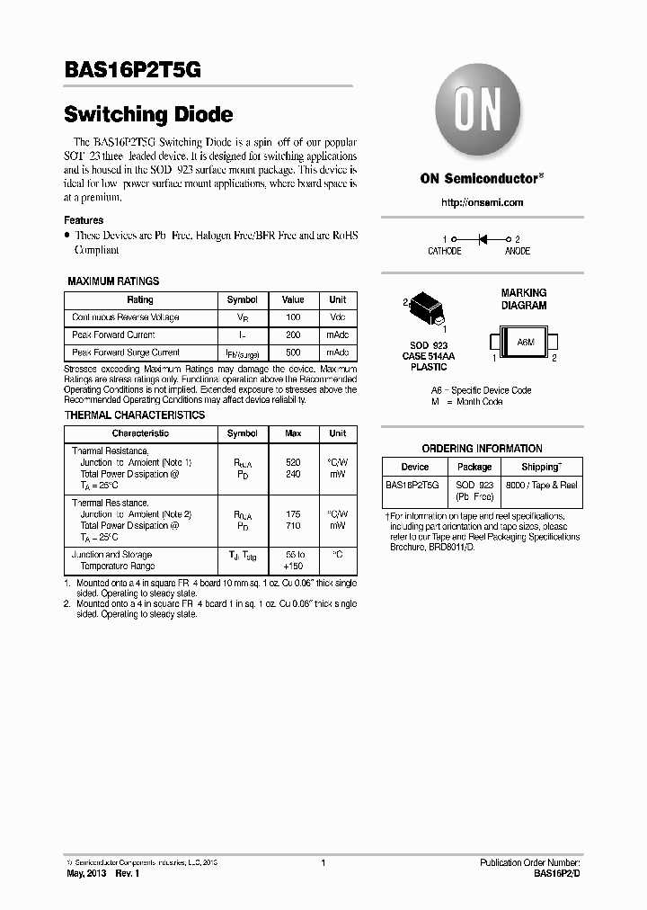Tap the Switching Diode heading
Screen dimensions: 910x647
(x=149, y=115)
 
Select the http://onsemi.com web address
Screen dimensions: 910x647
(x=482, y=203)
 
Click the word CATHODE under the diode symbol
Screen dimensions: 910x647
(x=444, y=252)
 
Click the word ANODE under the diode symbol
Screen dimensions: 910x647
(x=518, y=252)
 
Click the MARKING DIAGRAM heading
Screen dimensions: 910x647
(x=523, y=299)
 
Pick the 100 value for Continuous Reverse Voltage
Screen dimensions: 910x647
(x=293, y=317)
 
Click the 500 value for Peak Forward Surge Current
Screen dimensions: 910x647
(x=293, y=352)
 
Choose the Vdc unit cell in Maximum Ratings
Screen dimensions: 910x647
(x=337, y=317)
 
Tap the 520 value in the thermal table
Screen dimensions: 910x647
(x=293, y=461)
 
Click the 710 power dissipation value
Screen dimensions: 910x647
(x=293, y=525)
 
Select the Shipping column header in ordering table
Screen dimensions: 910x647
(x=541, y=467)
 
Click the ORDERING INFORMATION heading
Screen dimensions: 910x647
(x=482, y=449)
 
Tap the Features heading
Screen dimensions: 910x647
(x=84, y=220)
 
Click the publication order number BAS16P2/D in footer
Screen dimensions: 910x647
(x=558, y=873)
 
